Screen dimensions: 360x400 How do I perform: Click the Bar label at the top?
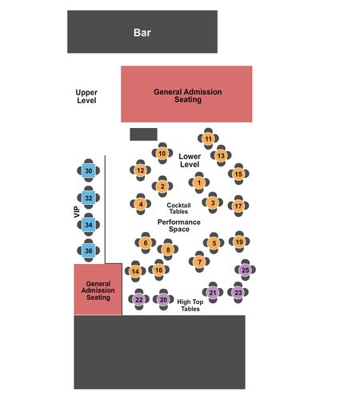pos(142,33)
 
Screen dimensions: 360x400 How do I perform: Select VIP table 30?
pos(88,170)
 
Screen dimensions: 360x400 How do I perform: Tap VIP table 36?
pos(88,250)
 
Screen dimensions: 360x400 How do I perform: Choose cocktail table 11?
pos(208,138)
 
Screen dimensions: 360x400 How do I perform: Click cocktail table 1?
pos(199,182)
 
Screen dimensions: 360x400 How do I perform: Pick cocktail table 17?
pos(238,206)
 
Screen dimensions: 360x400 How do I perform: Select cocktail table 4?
pos(141,204)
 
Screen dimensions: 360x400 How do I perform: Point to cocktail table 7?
pos(199,262)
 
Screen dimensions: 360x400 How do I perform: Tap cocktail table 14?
pos(135,271)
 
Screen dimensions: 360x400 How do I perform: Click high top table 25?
pos(245,270)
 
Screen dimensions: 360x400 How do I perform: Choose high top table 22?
pos(138,299)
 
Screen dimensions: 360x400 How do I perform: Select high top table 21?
pos(213,293)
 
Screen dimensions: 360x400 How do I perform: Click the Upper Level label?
pos(86,97)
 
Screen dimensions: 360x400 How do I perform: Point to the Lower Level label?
pos(190,160)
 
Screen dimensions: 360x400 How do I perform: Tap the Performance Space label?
pos(179,226)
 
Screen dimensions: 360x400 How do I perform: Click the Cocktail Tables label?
pos(178,208)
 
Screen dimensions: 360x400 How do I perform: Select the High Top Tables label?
pos(190,306)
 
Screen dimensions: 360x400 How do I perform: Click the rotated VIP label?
pos(77,212)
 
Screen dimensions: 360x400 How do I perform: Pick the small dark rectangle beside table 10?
pos(143,134)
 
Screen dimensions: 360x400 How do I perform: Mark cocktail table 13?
pos(221,156)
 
